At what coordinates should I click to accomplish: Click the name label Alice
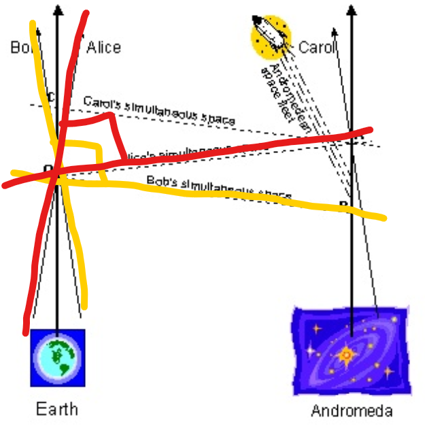tap(104, 47)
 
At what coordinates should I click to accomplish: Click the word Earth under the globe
tap(57, 409)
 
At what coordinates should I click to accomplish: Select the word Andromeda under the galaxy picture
tap(352, 411)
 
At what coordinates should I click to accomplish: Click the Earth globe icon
tap(58, 357)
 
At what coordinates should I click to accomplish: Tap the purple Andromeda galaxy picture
tap(350, 351)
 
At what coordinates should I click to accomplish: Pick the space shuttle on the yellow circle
tap(270, 37)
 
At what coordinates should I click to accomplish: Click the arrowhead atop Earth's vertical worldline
tap(57, 10)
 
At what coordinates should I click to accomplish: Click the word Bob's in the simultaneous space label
tap(160, 182)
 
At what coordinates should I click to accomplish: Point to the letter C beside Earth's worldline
tap(50, 96)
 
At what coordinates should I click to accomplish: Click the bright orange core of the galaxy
tap(345, 355)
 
